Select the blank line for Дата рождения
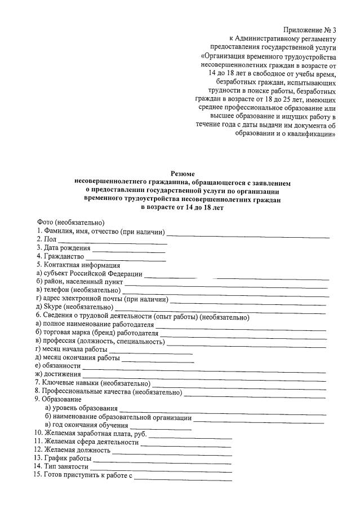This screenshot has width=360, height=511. pyautogui.click(x=129, y=250)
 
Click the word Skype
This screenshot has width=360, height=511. pyautogui.click(x=52, y=307)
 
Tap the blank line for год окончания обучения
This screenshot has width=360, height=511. pyautogui.click(x=160, y=428)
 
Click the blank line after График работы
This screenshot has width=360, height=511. pyautogui.click(x=162, y=462)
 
